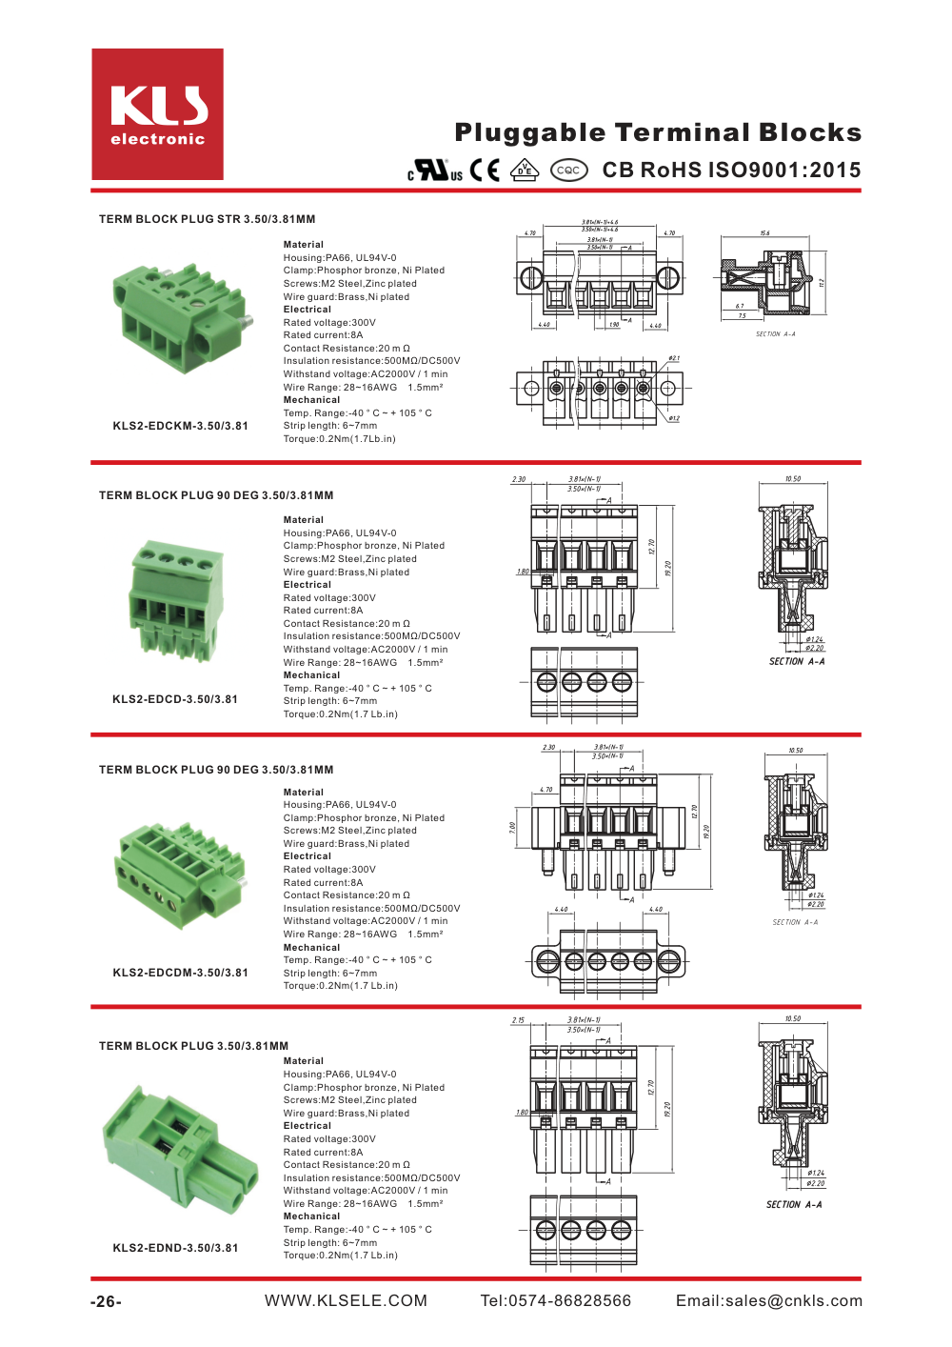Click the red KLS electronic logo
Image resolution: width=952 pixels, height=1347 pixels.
[x=157, y=114]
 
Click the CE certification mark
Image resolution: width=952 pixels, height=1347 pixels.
[x=485, y=170]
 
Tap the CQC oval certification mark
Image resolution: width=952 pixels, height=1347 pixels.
[x=568, y=171]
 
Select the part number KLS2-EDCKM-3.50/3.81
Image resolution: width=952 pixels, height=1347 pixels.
[x=180, y=426]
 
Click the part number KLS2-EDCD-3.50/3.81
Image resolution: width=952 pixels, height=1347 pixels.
[x=175, y=699]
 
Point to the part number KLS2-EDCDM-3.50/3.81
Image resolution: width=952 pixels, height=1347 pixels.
[x=180, y=973]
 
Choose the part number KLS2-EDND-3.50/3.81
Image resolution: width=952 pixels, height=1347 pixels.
[x=175, y=1248]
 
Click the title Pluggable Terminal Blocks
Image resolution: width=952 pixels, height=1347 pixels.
[x=658, y=132]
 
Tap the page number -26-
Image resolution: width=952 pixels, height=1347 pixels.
[x=106, y=1301]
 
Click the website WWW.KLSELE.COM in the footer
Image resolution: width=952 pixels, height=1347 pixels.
[x=346, y=1300]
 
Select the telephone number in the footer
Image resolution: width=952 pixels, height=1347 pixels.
[x=556, y=1300]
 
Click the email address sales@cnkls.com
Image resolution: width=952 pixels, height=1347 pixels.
[x=769, y=1300]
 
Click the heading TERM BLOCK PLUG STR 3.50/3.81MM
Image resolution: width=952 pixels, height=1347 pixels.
[x=207, y=219]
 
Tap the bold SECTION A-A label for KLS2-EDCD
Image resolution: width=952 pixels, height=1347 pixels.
[x=797, y=661]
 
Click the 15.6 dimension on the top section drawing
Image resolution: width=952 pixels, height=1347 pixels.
[x=764, y=233]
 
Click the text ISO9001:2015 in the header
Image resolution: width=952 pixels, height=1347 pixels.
[x=783, y=170]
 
